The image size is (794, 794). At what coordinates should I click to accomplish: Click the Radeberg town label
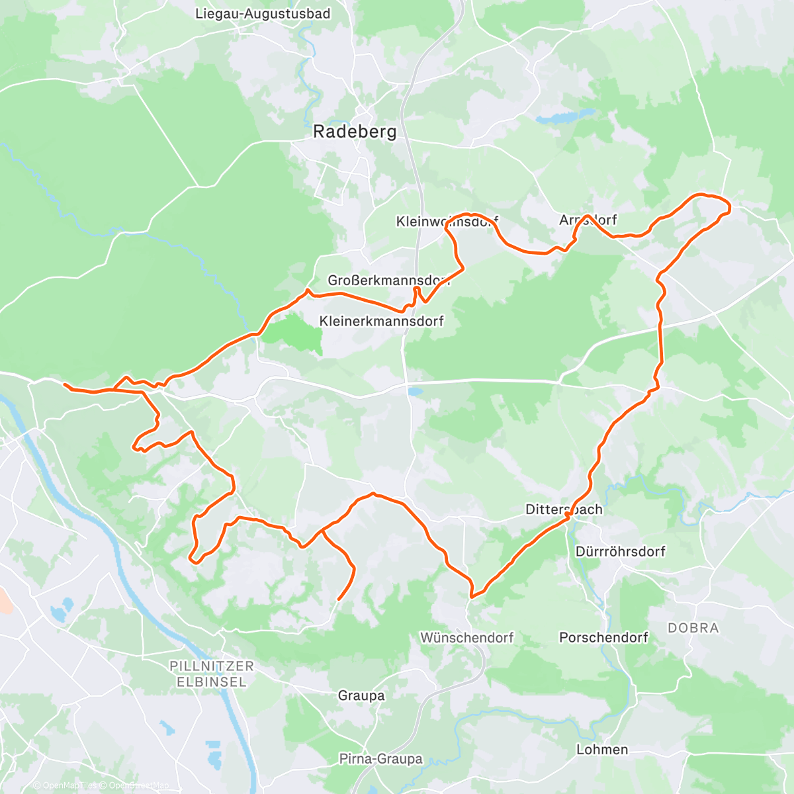click(x=355, y=132)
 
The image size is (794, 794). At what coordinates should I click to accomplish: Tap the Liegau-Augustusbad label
click(x=263, y=13)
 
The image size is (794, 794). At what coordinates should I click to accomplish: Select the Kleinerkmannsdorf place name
click(x=381, y=321)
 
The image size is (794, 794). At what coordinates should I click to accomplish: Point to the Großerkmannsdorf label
click(x=388, y=281)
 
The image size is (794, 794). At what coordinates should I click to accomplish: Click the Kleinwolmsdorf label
click(x=447, y=222)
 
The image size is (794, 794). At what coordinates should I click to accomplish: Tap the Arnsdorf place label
click(x=588, y=220)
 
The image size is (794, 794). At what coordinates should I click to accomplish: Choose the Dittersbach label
click(x=564, y=509)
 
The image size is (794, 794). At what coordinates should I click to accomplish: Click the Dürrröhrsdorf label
click(x=620, y=551)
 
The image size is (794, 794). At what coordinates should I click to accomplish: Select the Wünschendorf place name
click(x=466, y=638)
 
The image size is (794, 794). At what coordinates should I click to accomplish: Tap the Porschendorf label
click(x=603, y=637)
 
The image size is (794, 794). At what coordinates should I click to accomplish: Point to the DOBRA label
click(x=693, y=628)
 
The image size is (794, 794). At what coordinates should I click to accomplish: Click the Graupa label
click(x=361, y=695)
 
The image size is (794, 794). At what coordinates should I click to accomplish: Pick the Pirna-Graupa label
click(x=380, y=759)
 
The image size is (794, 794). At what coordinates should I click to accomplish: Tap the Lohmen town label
click(x=602, y=750)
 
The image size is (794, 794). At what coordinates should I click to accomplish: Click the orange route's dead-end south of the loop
click(x=339, y=599)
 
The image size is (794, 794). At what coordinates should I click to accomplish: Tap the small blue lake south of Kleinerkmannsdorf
click(x=415, y=392)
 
